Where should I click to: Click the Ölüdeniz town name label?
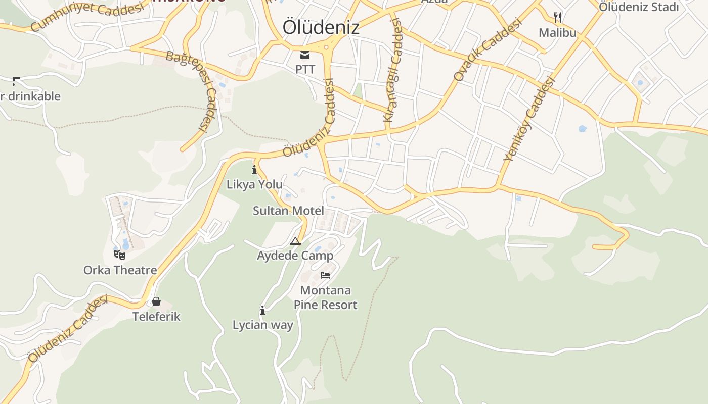(321, 27)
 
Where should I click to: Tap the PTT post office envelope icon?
(305, 55)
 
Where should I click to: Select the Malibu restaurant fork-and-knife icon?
(558, 18)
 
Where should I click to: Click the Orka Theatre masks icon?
(120, 255)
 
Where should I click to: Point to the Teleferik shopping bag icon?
(156, 301)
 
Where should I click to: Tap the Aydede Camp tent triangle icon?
(295, 241)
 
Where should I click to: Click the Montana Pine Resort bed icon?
(325, 275)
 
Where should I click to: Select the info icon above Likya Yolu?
(254, 170)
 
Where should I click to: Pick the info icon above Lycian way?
(262, 310)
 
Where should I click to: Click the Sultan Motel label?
(288, 211)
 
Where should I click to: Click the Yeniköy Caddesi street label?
(529, 119)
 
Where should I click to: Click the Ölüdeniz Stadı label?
(639, 7)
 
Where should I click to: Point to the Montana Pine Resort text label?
(325, 297)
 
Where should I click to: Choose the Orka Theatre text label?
(120, 270)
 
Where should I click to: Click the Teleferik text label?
(156, 317)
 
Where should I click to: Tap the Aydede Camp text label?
(295, 256)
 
